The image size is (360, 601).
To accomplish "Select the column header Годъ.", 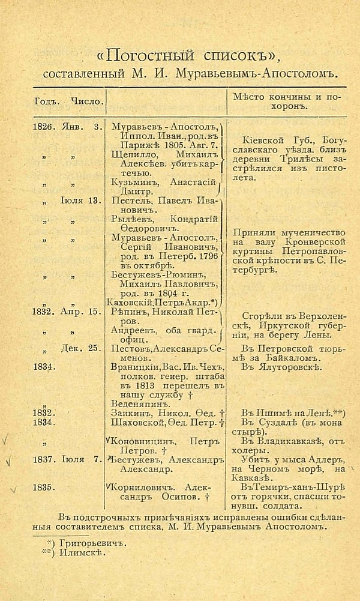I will tap(46, 100).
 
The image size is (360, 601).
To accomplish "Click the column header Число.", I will tap(87, 100).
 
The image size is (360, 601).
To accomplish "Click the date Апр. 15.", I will tap(81, 311).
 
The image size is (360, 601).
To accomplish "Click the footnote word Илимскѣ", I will tap(78, 552).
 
